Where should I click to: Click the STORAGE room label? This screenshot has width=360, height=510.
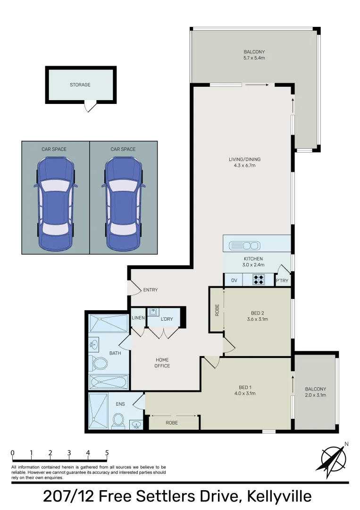(x=80, y=85)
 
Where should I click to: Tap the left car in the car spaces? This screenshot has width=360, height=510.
(x=56, y=204)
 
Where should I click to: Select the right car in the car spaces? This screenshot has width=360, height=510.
(x=123, y=204)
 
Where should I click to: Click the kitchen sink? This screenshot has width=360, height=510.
(x=244, y=246)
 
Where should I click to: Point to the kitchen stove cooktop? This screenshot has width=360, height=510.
(x=259, y=280)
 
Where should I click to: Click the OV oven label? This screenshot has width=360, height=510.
(x=234, y=280)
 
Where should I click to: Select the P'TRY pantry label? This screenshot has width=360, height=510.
(x=282, y=281)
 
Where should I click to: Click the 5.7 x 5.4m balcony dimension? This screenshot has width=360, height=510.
(x=254, y=59)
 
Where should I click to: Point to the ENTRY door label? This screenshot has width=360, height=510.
(x=150, y=290)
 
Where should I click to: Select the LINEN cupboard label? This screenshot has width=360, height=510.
(x=138, y=317)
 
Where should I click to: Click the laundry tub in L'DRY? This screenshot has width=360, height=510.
(x=154, y=313)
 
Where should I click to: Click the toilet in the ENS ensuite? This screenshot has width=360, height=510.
(x=118, y=420)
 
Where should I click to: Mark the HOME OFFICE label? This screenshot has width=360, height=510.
(x=162, y=363)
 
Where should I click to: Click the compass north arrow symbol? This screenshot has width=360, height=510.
(x=334, y=458)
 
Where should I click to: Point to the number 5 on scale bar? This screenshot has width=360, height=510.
(x=107, y=453)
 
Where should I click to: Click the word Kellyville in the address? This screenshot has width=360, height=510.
(x=274, y=497)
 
